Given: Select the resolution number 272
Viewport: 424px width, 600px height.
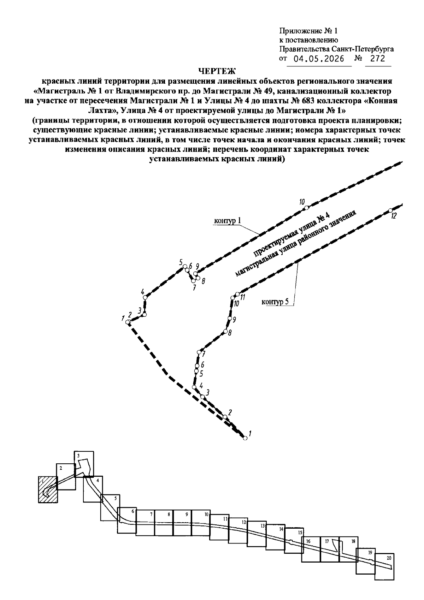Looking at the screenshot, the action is (x=378, y=58).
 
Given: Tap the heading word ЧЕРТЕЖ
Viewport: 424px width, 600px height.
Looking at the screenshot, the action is (x=217, y=71).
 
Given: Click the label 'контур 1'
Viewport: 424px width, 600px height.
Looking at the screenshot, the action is (x=228, y=220).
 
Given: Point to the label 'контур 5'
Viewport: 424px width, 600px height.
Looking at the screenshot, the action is (x=275, y=302).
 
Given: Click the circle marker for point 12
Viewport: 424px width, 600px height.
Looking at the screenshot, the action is (x=390, y=210).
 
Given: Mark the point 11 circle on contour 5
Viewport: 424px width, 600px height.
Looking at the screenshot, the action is (x=237, y=294).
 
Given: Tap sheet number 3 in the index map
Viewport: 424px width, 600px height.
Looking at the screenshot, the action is (x=78, y=456).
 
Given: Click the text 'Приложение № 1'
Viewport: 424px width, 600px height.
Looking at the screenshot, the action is (x=308, y=31).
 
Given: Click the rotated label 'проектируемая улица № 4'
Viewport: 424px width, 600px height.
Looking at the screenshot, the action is (x=291, y=233).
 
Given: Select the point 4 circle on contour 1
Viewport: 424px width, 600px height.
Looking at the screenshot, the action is (x=145, y=297).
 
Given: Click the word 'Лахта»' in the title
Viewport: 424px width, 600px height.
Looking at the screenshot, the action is (x=103, y=110).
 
